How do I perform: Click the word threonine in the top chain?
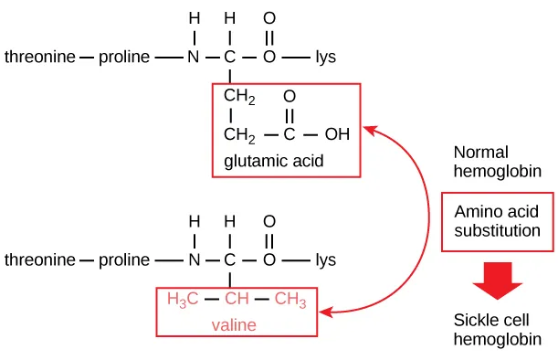click(x=40, y=57)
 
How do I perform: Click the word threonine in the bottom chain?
click(x=40, y=259)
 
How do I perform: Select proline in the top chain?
click(x=125, y=57)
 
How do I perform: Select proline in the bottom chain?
click(x=125, y=259)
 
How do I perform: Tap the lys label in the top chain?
click(x=325, y=57)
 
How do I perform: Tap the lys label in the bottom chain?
click(x=325, y=259)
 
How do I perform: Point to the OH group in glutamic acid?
click(x=337, y=135)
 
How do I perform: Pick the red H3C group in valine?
click(x=182, y=300)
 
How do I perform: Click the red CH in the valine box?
click(x=237, y=300)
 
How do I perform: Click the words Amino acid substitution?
click(x=497, y=221)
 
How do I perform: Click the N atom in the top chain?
click(x=193, y=57)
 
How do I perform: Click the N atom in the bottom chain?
click(x=193, y=259)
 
